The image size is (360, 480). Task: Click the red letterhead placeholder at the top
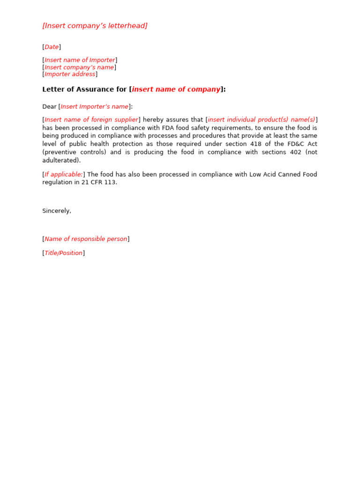pos(95,26)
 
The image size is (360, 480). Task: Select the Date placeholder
pos(52,47)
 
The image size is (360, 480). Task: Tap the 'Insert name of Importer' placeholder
pos(80,60)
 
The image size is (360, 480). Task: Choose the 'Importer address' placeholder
pos(70,74)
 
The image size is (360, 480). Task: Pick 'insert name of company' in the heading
pos(176,89)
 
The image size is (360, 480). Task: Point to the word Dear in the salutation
pos(49,106)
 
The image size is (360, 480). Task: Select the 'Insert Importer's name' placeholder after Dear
pos(94,106)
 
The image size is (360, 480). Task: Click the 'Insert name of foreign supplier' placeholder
pos(91,120)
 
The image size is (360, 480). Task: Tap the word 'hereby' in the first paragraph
pos(153,120)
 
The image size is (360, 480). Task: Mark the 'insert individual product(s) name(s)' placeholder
pos(262,120)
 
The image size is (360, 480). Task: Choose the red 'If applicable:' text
pos(64,174)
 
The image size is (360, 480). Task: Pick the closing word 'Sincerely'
pos(56,211)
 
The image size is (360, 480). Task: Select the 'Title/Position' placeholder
pos(64,253)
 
